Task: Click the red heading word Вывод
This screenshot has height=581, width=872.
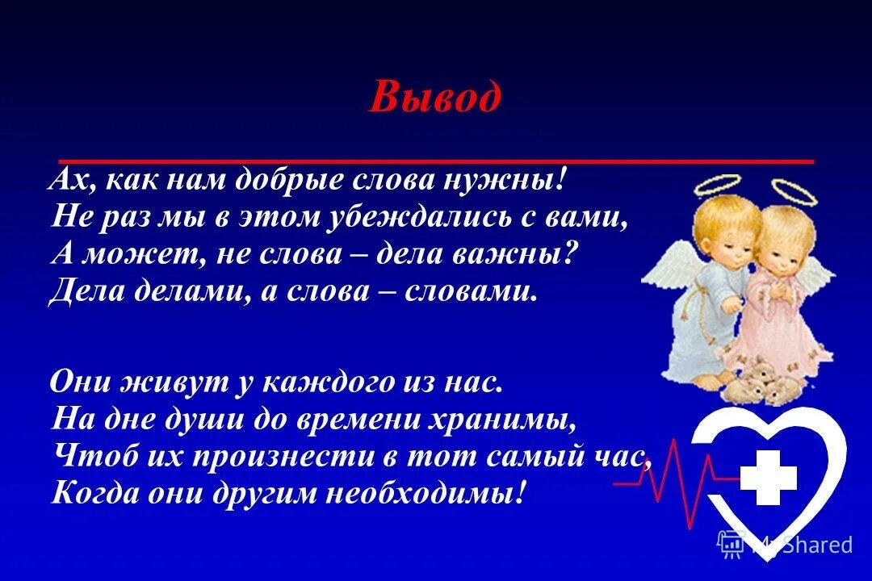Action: pyautogui.click(x=435, y=99)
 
